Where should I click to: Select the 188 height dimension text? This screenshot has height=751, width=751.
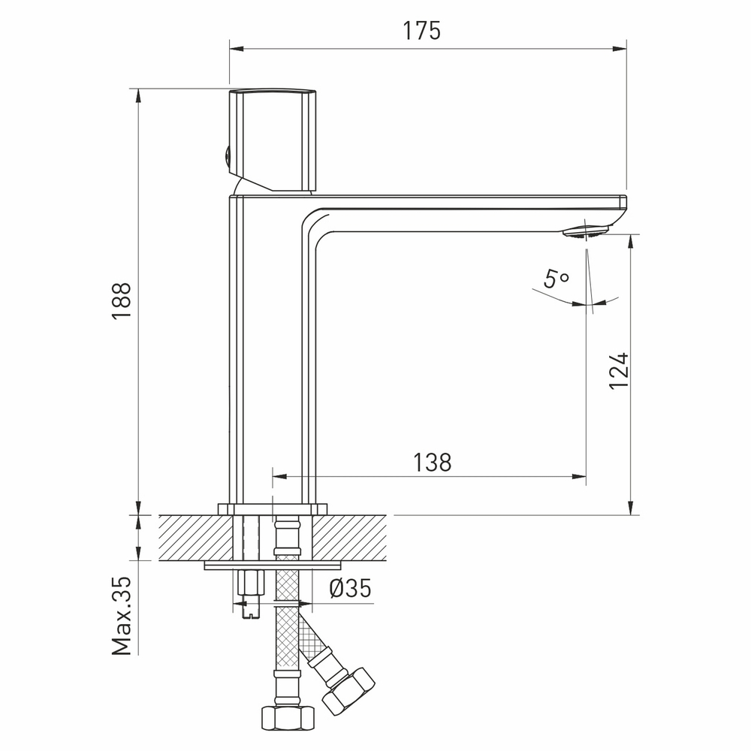click(x=122, y=300)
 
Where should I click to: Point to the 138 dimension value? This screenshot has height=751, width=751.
click(x=432, y=462)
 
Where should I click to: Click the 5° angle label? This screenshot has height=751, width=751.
click(x=556, y=280)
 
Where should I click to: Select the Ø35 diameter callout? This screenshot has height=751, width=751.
click(x=350, y=590)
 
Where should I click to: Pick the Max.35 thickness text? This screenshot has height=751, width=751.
click(x=122, y=616)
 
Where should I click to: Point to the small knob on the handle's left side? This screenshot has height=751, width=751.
click(x=224, y=157)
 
